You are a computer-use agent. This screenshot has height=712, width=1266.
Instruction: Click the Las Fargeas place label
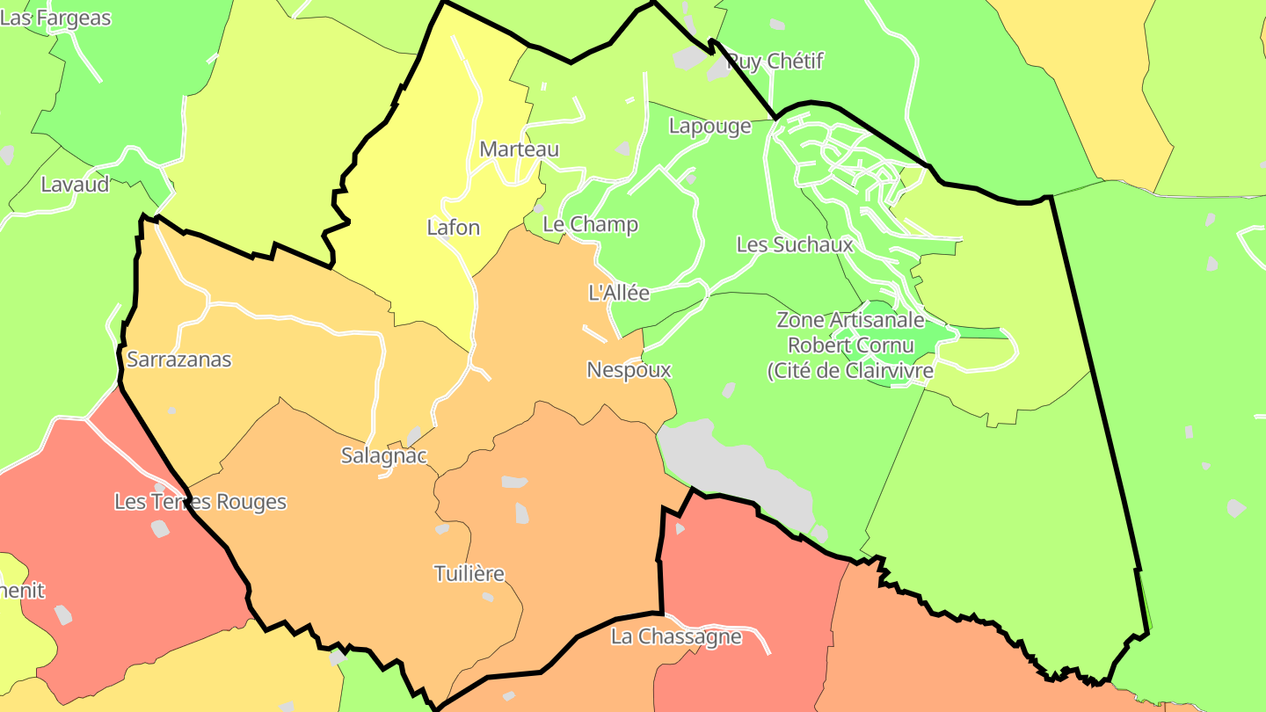pos(55,18)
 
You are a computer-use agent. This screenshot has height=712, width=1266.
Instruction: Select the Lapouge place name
pos(710,126)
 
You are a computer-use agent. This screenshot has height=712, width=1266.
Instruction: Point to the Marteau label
pos(519,149)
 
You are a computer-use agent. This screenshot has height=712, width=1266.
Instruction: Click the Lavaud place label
pos(76,185)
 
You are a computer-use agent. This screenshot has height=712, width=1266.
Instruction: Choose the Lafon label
pos(454,228)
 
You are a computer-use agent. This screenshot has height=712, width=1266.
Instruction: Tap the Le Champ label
pos(590,224)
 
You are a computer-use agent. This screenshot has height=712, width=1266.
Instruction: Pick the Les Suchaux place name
pos(795,244)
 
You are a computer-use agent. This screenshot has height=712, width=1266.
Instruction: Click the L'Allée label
pos(619,293)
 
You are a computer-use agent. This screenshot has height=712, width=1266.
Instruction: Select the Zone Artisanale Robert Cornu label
pos(850,345)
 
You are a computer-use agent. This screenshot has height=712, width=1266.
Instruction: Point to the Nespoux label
pos(629,370)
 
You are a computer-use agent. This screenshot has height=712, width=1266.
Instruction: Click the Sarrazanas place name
pos(179,359)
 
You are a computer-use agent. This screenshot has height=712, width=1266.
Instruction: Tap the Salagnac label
pos(384,455)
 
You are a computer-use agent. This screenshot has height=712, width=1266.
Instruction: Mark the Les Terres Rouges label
pos(200,502)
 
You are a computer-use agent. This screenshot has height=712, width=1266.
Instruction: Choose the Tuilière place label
pos(469,574)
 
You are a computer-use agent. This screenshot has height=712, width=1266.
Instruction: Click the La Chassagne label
pos(676,636)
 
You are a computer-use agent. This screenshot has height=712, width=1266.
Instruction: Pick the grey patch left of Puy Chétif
pos(691,57)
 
